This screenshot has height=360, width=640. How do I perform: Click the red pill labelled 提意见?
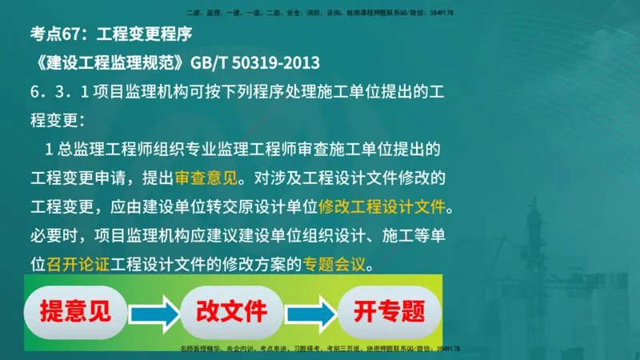[75, 311]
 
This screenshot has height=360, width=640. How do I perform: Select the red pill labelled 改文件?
[232, 311]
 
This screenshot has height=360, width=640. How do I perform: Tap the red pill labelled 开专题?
[390, 311]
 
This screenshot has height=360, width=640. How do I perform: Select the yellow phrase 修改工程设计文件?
[381, 207]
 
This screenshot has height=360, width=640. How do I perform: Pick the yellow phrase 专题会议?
[334, 263]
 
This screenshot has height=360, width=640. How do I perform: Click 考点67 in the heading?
[58, 34]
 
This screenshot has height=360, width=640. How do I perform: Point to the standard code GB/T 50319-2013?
[257, 62]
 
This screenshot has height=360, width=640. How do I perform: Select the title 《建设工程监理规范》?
[108, 62]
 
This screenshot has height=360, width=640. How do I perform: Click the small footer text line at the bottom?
[319, 349]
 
